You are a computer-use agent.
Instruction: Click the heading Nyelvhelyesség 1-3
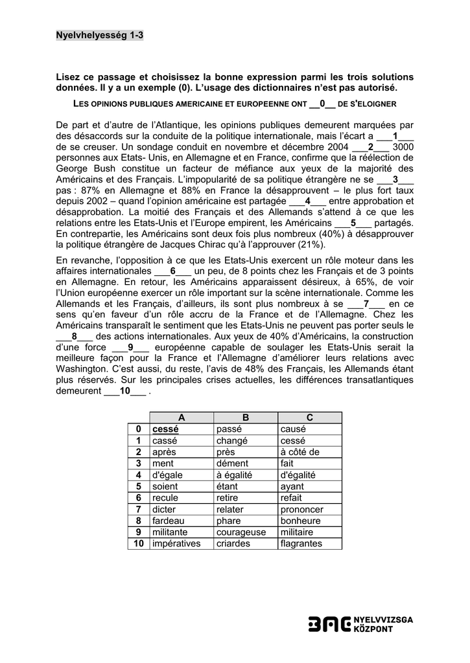pyautogui.click(x=100, y=36)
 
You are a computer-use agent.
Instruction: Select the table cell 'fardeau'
pyautogui.click(x=169, y=521)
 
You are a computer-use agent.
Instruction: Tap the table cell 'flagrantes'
pyautogui.click(x=301, y=543)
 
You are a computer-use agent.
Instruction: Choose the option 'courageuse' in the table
pyautogui.click(x=241, y=532)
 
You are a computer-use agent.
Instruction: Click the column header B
pyautogui.click(x=245, y=418)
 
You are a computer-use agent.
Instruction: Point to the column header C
pyautogui.click(x=309, y=418)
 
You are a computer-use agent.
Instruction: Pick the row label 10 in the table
pyautogui.click(x=138, y=543)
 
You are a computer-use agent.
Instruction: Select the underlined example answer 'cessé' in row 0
pyautogui.click(x=165, y=429)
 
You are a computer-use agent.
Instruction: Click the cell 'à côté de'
pyautogui.click(x=300, y=452)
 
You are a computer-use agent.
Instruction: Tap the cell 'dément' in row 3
pyautogui.click(x=232, y=463)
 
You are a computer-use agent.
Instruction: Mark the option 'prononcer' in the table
pyautogui.click(x=301, y=509)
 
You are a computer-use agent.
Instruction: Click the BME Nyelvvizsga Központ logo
pyautogui.click(x=360, y=624)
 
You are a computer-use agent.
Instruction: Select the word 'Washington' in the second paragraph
pyautogui.click(x=80, y=369)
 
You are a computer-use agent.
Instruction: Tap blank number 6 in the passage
pyautogui.click(x=173, y=271)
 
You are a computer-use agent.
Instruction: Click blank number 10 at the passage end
pyautogui.click(x=124, y=391)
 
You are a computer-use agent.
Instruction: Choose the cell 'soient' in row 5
pyautogui.click(x=165, y=486)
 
